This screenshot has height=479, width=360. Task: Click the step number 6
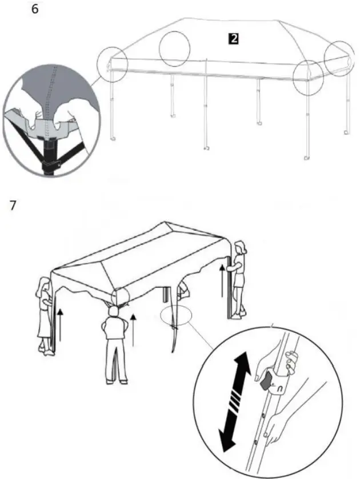pos(35,10)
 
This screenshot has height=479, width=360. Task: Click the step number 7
pos(13,205)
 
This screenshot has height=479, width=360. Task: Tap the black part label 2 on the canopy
pos(233,39)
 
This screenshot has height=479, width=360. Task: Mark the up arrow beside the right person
pos(222,280)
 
